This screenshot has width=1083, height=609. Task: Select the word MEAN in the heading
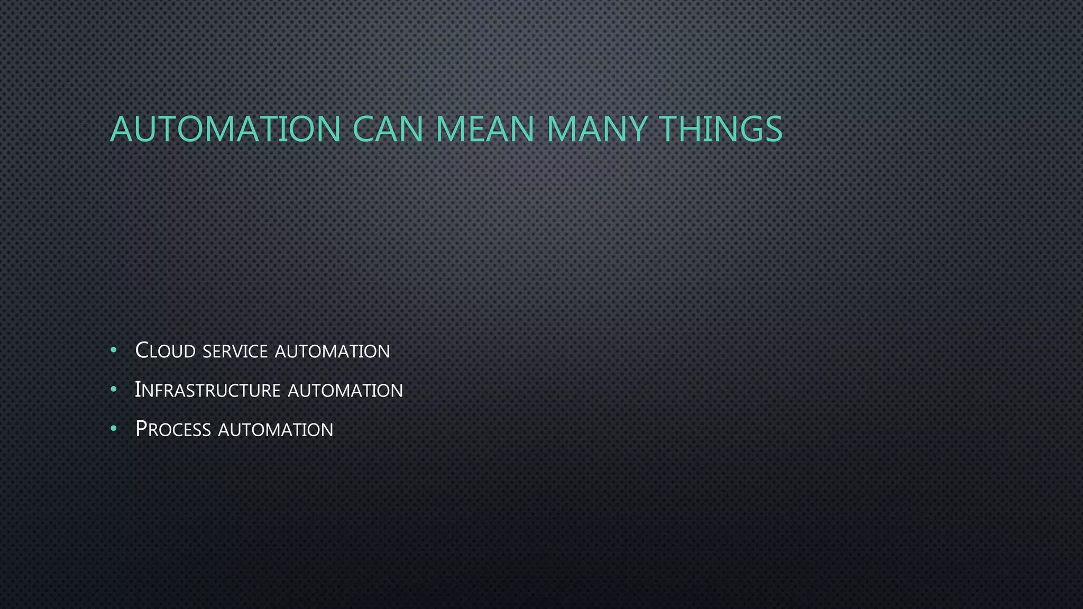[x=484, y=129]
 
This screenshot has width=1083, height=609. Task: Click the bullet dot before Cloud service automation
[x=114, y=350]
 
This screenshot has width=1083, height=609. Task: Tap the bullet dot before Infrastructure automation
[x=114, y=390]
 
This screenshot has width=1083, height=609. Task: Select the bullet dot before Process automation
[x=114, y=429]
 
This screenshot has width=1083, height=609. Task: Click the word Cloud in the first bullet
[x=166, y=351]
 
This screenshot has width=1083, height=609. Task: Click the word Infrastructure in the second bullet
[x=207, y=390]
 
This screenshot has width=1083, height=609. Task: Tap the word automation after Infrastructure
[x=345, y=391]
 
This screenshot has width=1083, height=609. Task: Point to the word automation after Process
[x=276, y=430]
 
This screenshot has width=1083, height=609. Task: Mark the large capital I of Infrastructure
[x=137, y=390]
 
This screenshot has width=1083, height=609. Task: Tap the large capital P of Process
[x=141, y=429]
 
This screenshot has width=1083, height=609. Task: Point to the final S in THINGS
[x=773, y=129]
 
